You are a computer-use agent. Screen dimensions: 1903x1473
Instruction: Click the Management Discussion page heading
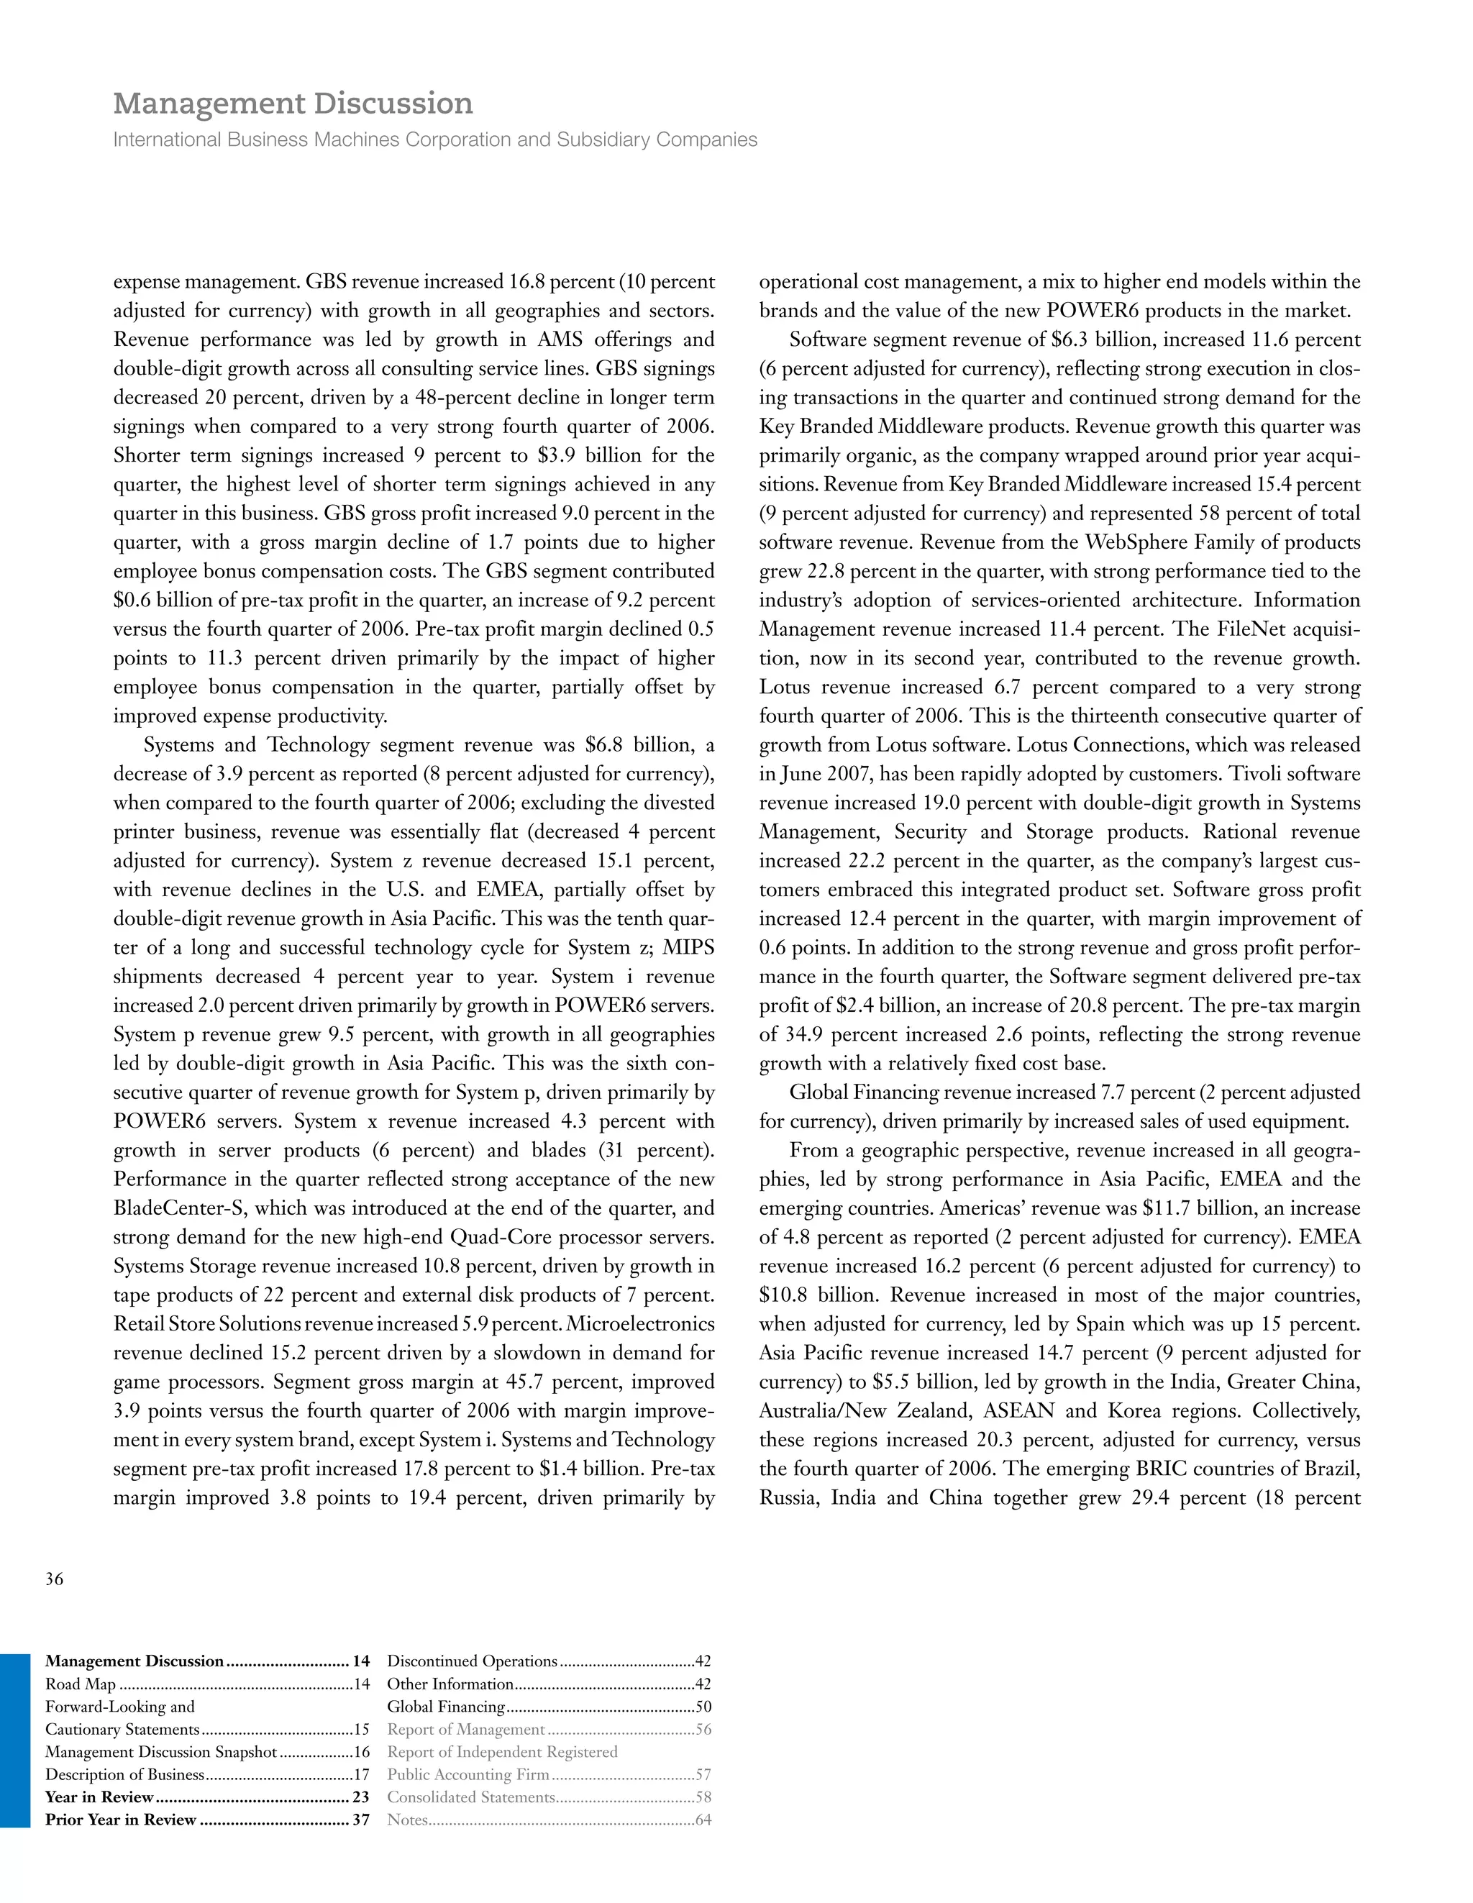[x=293, y=104]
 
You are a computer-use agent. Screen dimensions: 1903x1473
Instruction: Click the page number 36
[x=54, y=1579]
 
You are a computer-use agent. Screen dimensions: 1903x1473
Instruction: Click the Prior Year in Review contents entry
[x=120, y=1820]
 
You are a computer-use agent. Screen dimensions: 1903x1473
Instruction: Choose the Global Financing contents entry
[x=446, y=1706]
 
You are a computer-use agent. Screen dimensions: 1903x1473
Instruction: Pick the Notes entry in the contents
[x=407, y=1820]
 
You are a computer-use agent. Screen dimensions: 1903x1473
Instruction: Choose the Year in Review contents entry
[x=99, y=1797]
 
